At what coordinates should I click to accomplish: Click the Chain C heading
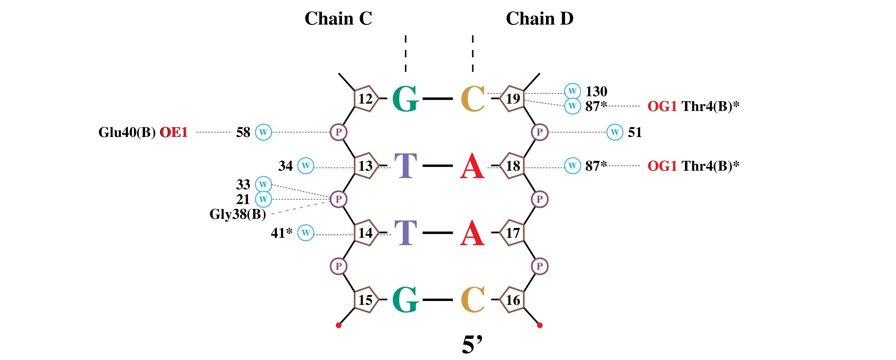tap(338, 19)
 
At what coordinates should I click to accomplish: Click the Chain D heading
tap(539, 19)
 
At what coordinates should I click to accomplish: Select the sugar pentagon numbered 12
tap(366, 99)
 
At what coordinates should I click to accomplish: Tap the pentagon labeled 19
tap(513, 99)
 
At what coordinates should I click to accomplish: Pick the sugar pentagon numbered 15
tap(366, 300)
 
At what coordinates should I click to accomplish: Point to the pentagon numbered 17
tap(513, 233)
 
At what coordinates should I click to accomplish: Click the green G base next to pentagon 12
tap(405, 99)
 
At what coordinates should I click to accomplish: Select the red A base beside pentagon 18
tap(472, 166)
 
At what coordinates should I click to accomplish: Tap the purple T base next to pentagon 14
tap(405, 233)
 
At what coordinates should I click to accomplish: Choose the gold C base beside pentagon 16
tap(473, 300)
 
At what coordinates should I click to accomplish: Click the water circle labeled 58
tap(263, 132)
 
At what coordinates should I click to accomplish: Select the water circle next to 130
tap(572, 91)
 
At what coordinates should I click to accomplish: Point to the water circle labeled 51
tap(615, 132)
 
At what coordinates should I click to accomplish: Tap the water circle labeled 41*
tap(306, 233)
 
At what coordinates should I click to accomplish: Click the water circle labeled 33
tap(263, 184)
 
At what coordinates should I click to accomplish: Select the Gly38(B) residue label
tap(238, 214)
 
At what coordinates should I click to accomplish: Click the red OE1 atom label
tap(174, 132)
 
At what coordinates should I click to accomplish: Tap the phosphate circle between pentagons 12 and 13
tap(338, 132)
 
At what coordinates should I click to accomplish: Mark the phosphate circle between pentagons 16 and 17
tap(540, 266)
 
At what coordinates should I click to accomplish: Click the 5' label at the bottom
tap(472, 345)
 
